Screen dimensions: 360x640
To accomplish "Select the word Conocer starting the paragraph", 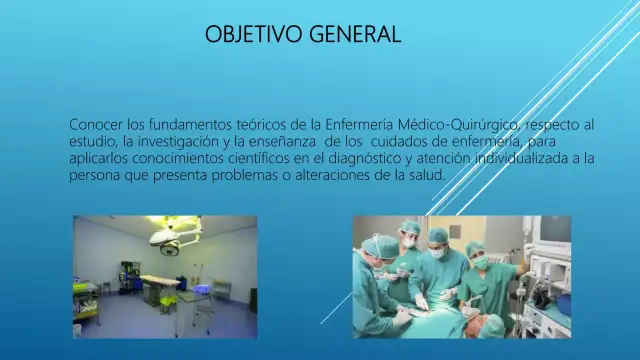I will click(x=96, y=124).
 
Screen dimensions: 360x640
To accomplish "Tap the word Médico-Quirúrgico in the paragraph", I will click(x=458, y=124).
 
